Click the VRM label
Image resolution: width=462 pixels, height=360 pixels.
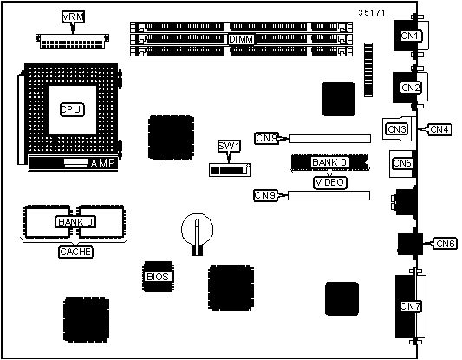click(73, 16)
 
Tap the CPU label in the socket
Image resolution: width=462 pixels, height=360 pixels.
click(72, 109)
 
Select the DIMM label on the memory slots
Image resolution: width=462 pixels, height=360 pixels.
click(241, 39)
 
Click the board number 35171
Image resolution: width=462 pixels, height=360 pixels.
click(372, 12)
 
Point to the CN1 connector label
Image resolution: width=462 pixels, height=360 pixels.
click(411, 36)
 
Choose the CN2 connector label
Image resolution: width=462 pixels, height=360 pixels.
click(411, 88)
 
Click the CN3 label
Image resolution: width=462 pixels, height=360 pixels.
click(397, 129)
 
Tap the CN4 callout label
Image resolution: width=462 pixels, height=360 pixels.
click(439, 129)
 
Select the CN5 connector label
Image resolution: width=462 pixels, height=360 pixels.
click(402, 163)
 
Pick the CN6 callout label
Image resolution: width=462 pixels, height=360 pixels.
click(446, 244)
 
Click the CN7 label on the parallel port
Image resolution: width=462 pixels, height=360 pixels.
click(411, 306)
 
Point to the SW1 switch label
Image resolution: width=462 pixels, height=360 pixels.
click(229, 146)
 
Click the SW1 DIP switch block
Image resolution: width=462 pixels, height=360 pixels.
click(230, 170)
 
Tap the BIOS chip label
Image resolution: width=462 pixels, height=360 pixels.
click(158, 277)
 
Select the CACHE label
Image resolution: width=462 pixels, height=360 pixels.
click(75, 252)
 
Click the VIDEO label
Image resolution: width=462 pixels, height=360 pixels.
click(329, 182)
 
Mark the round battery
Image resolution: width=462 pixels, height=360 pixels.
click(197, 229)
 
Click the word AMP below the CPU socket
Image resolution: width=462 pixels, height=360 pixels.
click(102, 163)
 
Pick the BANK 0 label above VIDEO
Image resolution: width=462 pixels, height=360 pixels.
click(329, 162)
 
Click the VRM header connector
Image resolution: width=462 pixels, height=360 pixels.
click(72, 41)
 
